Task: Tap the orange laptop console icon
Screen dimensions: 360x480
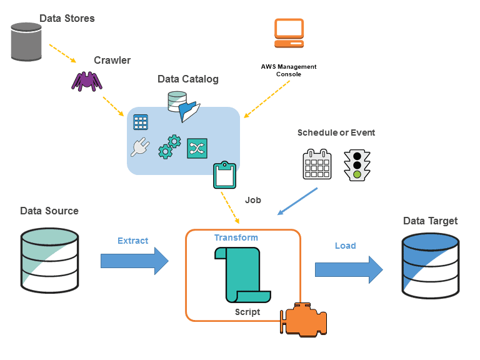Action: (289, 33)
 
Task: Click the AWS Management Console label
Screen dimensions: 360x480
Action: (289, 70)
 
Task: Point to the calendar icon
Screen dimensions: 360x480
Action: (317, 165)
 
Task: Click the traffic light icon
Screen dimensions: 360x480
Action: (357, 166)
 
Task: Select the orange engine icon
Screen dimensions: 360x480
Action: (303, 321)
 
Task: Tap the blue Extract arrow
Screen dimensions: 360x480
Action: (134, 260)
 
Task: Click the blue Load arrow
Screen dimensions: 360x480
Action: (348, 269)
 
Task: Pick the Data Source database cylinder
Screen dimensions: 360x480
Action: (50, 261)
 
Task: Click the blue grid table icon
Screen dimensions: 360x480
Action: (141, 122)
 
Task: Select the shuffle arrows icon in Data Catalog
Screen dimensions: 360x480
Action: (197, 148)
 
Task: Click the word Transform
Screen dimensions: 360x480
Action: (236, 237)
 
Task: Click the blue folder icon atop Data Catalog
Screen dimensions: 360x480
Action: (189, 111)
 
